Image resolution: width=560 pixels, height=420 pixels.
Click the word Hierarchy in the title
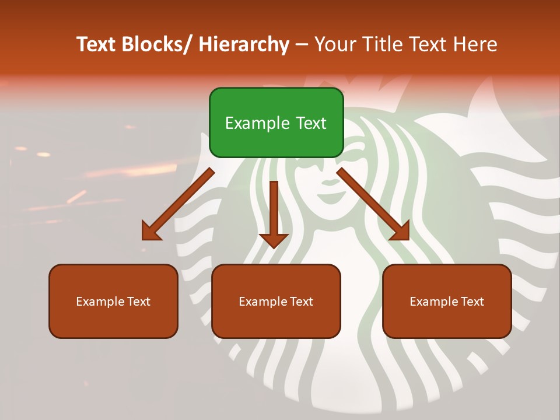[x=244, y=45]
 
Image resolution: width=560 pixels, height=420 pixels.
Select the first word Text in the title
[x=97, y=45]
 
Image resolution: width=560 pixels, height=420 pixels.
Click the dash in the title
[x=302, y=45]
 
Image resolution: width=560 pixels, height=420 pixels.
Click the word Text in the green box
[x=310, y=124]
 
